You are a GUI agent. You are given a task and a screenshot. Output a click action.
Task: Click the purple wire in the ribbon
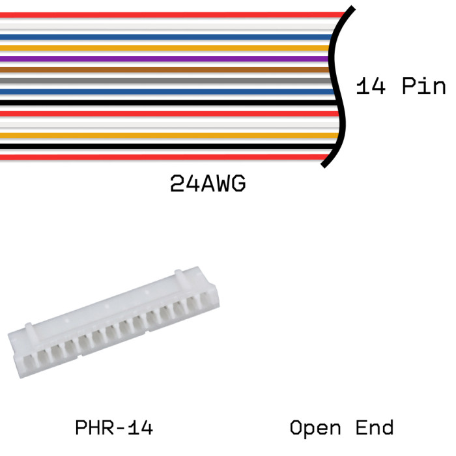pyautogui.click(x=163, y=59)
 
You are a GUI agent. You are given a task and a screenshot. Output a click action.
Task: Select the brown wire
pyautogui.click(x=163, y=70)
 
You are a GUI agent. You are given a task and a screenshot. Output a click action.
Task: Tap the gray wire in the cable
pyautogui.click(x=163, y=81)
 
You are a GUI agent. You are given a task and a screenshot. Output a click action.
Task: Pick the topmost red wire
pyautogui.click(x=163, y=14)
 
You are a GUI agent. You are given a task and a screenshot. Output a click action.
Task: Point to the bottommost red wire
pyautogui.click(x=163, y=157)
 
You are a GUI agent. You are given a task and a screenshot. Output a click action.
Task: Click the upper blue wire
pyautogui.click(x=163, y=36)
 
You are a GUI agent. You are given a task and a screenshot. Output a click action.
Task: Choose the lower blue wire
pyautogui.click(x=163, y=92)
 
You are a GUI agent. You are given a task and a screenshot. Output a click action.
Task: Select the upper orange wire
pyautogui.click(x=163, y=48)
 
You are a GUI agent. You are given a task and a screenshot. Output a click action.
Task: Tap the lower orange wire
pyautogui.click(x=163, y=135)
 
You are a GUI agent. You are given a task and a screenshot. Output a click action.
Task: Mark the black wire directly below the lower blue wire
pyautogui.click(x=163, y=103)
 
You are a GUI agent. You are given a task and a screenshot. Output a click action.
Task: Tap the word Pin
pyautogui.click(x=423, y=87)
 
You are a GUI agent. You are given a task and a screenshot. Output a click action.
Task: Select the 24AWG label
pyautogui.click(x=208, y=184)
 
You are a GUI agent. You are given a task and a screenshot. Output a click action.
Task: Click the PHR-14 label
pyautogui.click(x=114, y=428)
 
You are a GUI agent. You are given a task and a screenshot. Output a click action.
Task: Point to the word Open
pyautogui.click(x=315, y=428)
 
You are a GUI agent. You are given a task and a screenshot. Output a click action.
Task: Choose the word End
pyautogui.click(x=375, y=428)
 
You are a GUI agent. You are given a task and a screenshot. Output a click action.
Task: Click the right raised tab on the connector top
pyautogui.click(x=182, y=279)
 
